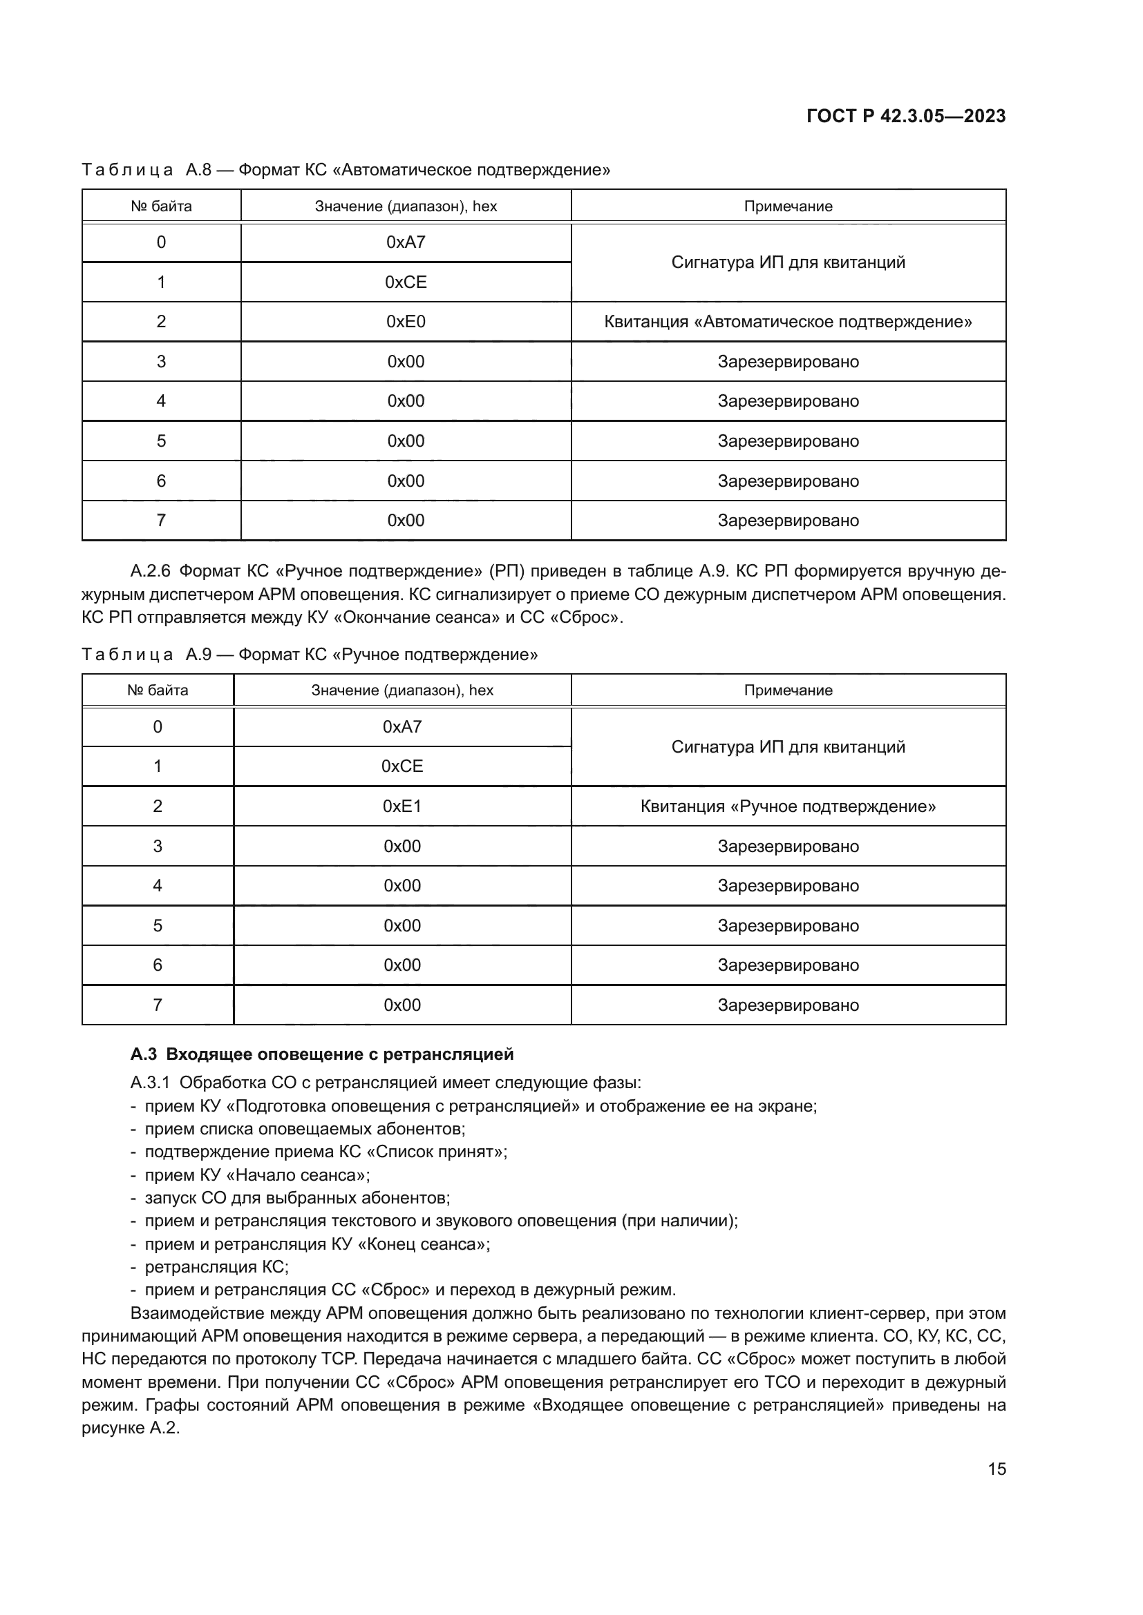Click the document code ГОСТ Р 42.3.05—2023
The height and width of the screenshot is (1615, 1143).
906,116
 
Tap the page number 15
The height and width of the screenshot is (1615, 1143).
996,1469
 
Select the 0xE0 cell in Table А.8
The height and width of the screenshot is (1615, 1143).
406,322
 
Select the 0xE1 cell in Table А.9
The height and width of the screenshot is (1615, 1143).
402,806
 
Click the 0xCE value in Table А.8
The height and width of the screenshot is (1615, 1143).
406,282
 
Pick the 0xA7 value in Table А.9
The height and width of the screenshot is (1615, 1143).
402,726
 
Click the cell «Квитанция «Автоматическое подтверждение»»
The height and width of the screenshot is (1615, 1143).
788,322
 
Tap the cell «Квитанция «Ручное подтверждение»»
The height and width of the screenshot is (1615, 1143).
788,806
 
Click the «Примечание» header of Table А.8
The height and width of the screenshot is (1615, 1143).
788,206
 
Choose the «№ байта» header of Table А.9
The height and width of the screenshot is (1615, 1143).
158,690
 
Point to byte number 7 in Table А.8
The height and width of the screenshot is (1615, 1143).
161,521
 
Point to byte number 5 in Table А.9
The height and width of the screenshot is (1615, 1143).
158,926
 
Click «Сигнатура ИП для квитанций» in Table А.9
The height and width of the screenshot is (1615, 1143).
788,747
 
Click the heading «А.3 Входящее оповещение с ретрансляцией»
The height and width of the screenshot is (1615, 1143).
321,1054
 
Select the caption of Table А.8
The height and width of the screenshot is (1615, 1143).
346,171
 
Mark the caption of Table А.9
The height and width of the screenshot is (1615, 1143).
310,655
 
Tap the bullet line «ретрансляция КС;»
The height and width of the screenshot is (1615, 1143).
216,1267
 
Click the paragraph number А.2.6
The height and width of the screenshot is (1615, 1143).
150,571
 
